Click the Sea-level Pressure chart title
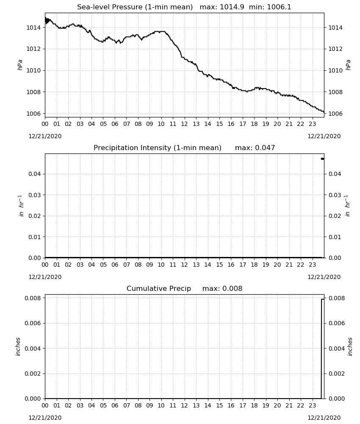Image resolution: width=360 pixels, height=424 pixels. click(x=135, y=7)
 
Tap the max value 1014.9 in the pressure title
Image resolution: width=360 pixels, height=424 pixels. click(x=232, y=7)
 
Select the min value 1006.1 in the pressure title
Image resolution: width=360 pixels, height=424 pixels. click(x=279, y=7)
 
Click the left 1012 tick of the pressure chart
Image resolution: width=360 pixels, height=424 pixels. click(x=33, y=49)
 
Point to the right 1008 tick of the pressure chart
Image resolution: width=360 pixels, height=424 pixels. click(x=335, y=92)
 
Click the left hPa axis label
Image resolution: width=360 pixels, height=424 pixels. click(x=20, y=65)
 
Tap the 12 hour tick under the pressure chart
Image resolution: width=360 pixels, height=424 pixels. click(x=185, y=124)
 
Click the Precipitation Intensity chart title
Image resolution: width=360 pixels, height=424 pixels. click(x=158, y=148)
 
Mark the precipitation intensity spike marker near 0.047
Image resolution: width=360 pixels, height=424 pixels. click(x=322, y=159)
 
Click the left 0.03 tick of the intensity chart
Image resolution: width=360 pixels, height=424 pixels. click(x=35, y=195)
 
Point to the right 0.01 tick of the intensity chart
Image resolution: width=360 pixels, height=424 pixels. click(x=335, y=237)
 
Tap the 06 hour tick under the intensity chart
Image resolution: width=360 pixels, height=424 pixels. click(x=115, y=265)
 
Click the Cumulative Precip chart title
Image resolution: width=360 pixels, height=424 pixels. click(x=159, y=288)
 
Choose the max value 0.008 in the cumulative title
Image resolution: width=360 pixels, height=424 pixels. click(x=232, y=288)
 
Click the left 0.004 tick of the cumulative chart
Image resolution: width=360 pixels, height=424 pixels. click(x=33, y=349)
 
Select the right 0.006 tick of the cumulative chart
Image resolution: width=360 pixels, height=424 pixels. click(x=337, y=324)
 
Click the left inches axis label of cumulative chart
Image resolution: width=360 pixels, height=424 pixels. click(x=18, y=346)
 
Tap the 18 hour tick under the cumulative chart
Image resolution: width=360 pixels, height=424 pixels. click(x=254, y=405)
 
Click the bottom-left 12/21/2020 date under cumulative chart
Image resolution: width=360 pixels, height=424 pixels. click(x=45, y=418)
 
